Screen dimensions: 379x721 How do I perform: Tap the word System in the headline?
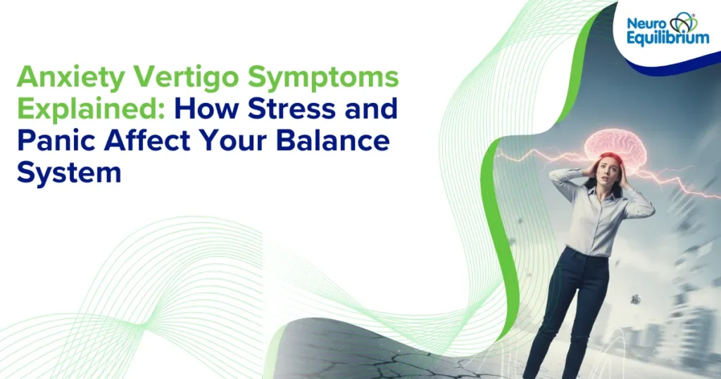69,170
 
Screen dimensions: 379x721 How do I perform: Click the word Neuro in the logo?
644,23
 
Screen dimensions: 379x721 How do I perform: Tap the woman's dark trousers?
574,310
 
